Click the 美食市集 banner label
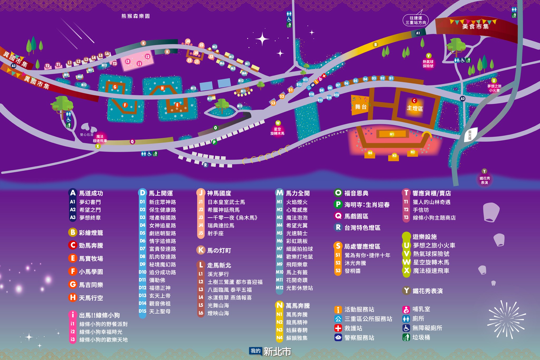[475, 26]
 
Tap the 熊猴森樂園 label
[136, 16]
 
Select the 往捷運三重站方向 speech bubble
[416, 20]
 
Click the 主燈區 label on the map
[415, 108]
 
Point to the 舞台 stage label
[361, 107]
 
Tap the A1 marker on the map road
[418, 33]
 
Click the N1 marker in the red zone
[392, 134]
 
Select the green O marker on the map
[215, 128]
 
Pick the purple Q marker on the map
[132, 142]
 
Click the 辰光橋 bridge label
[470, 135]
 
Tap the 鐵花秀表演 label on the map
[484, 180]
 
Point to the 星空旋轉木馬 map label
[277, 131]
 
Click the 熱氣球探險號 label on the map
[428, 64]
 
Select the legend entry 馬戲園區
[356, 216]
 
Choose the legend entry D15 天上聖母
[160, 311]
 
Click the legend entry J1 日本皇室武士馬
[226, 202]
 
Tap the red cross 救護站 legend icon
[338, 328]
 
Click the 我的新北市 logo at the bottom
[270, 351]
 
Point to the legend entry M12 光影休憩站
[299, 288]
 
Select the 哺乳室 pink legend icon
[406, 309]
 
